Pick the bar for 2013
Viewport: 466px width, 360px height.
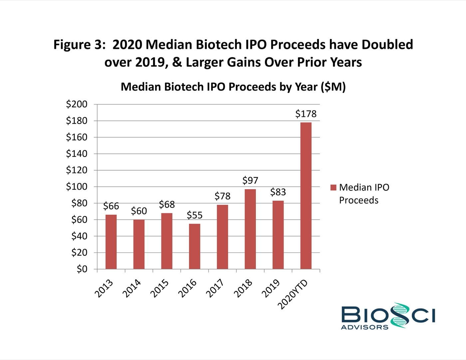111,242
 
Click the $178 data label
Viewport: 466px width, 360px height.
306,114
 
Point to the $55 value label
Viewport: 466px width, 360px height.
195,215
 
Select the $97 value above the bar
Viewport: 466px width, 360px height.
250,180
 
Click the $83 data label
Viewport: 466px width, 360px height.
278,192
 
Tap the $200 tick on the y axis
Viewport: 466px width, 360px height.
77,104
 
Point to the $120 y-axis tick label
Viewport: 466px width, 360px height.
77,170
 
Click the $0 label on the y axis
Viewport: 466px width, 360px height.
82,269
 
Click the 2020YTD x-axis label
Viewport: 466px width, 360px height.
293,295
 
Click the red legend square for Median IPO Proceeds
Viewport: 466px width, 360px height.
333,188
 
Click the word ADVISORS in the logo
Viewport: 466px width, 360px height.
364,327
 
